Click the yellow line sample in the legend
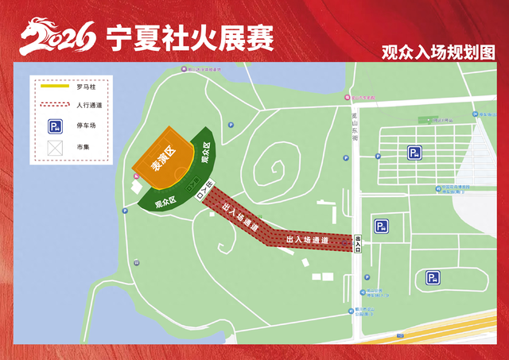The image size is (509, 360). (x=54, y=86)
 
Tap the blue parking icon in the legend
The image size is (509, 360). (x=54, y=126)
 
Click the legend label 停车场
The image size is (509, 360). (x=85, y=126)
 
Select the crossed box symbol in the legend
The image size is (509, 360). (x=54, y=148)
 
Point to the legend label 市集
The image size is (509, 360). (x=83, y=148)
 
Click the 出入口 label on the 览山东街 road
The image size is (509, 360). (x=359, y=244)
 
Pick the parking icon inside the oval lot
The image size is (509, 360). (x=433, y=277)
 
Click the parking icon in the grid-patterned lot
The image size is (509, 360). (x=414, y=153)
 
